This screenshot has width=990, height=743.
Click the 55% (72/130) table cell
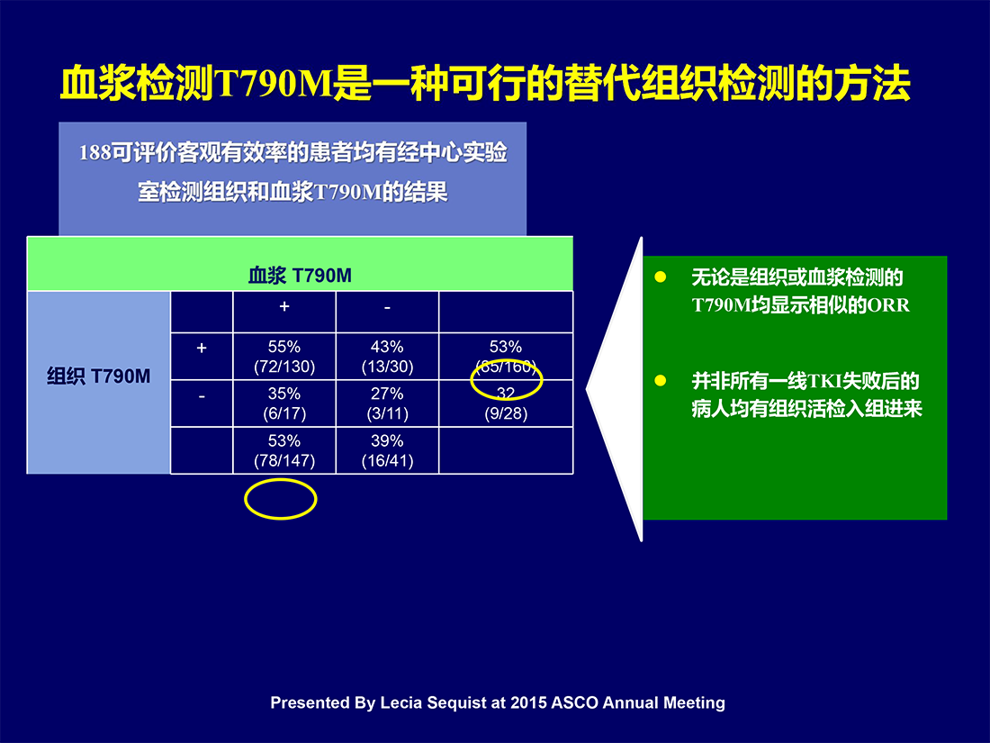pyautogui.click(x=284, y=357)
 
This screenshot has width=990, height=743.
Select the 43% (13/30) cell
pyautogui.click(x=387, y=357)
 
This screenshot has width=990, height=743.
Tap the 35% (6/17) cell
pyautogui.click(x=284, y=403)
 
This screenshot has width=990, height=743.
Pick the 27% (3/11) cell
pyautogui.click(x=387, y=403)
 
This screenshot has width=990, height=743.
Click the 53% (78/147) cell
pyautogui.click(x=284, y=450)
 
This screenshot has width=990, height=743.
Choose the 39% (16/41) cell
pyautogui.click(x=387, y=450)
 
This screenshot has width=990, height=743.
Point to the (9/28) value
pyautogui.click(x=506, y=414)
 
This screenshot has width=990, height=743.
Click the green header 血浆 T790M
pyautogui.click(x=300, y=276)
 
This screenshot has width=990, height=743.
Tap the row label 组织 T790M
pyautogui.click(x=98, y=376)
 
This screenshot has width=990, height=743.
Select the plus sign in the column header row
pyautogui.click(x=284, y=306)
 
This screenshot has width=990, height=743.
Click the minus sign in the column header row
pyautogui.click(x=387, y=307)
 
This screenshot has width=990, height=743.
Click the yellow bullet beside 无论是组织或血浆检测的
pyautogui.click(x=661, y=276)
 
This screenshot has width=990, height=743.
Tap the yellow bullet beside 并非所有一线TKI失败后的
pyautogui.click(x=661, y=380)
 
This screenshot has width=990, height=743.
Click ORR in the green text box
pyautogui.click(x=889, y=306)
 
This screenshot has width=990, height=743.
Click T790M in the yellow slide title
pyautogui.click(x=274, y=84)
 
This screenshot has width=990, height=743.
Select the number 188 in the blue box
pyautogui.click(x=95, y=153)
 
